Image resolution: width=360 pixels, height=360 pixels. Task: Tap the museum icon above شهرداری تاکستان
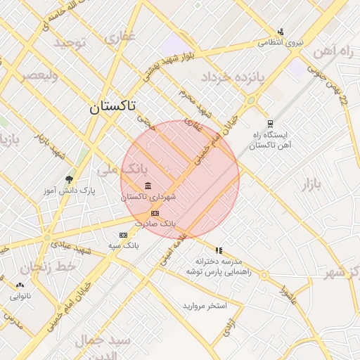click(x=148, y=186)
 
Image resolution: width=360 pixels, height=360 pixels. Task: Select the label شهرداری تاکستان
click(x=148, y=198)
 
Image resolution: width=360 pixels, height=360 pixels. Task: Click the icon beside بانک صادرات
click(x=155, y=213)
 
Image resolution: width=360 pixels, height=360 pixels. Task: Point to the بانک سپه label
click(x=124, y=245)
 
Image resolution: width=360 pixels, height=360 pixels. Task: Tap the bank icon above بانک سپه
click(x=124, y=235)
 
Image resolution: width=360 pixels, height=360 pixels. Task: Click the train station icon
click(x=270, y=122)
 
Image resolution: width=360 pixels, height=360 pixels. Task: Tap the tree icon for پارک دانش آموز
click(x=69, y=179)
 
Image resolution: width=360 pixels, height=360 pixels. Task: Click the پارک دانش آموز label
click(x=77, y=191)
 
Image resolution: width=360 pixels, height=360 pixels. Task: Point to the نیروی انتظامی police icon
click(x=281, y=31)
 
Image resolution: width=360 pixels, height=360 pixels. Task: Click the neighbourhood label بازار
click(x=311, y=185)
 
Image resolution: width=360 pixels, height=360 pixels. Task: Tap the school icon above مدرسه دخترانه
click(x=219, y=250)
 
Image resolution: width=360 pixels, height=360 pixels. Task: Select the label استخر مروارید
click(x=205, y=306)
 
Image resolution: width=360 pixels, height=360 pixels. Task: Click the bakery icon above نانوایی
click(x=19, y=285)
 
